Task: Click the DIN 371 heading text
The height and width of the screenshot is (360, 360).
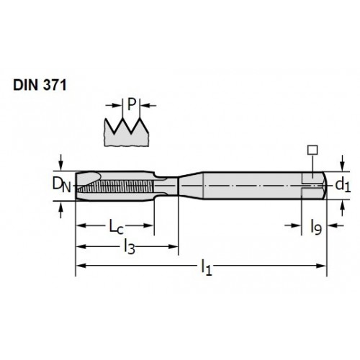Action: point(40,85)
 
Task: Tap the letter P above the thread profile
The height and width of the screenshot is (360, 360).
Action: point(132,104)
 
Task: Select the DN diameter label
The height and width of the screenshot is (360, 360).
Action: point(62,185)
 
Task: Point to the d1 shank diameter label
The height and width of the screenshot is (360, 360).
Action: point(343,185)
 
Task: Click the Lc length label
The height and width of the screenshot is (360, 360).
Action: point(117,227)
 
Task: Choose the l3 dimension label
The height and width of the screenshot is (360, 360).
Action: point(130,247)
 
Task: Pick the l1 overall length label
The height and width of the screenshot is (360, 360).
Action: point(207,267)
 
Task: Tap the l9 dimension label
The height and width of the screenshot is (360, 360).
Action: point(316,227)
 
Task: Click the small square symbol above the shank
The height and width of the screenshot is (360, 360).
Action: point(312,150)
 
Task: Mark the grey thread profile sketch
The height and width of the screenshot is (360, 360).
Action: point(126,132)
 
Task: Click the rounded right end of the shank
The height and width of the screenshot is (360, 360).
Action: point(324,185)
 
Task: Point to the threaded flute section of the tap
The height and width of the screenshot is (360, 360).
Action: point(115,186)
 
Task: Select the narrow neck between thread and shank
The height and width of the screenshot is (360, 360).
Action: point(166,186)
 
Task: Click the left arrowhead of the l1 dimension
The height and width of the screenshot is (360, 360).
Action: point(81,266)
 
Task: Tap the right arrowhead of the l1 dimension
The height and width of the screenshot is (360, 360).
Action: point(322,266)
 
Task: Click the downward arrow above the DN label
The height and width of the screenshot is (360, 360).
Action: point(61,163)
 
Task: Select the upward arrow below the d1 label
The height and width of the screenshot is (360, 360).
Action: point(343,208)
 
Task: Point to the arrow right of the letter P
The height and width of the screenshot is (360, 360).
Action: point(148,105)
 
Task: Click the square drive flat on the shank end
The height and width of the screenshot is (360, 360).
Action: point(312,185)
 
